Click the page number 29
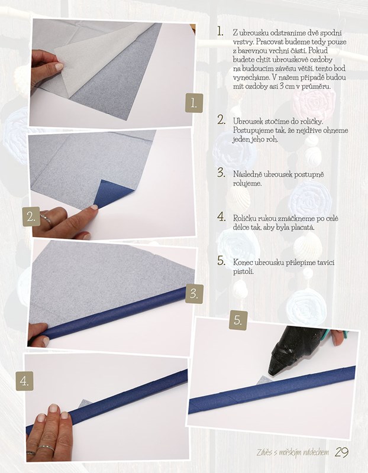coord(342,452)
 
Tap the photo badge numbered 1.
coord(194,103)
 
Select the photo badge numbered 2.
coord(31,216)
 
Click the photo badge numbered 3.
coord(195,293)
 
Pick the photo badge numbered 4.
coord(24,381)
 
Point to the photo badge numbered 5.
coord(238,320)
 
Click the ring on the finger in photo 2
coord(46,219)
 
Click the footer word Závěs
coord(264,452)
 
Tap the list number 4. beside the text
coord(222,217)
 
